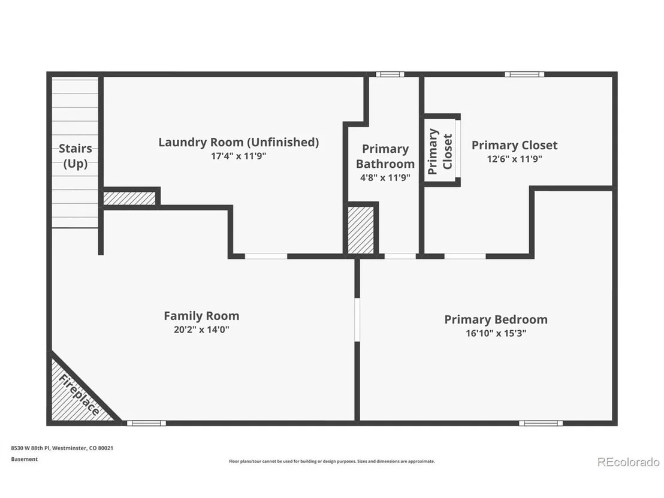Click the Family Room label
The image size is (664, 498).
click(x=201, y=316)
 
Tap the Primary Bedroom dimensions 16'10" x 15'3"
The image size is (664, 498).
click(x=496, y=333)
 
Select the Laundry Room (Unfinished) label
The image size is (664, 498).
click(x=239, y=142)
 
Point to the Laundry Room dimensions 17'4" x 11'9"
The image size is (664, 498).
click(x=239, y=156)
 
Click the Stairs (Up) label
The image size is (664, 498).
click(x=76, y=156)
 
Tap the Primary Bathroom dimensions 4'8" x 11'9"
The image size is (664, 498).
click(x=385, y=177)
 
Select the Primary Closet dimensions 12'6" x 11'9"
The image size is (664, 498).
click(x=515, y=159)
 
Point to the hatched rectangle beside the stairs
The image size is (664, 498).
click(x=129, y=198)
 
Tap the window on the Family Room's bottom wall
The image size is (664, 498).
click(x=146, y=423)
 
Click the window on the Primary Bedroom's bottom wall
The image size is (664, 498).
click(x=541, y=423)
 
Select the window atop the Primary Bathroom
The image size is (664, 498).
click(x=390, y=74)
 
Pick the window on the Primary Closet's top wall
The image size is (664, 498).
click(x=524, y=74)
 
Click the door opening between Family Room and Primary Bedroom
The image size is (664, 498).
click(x=357, y=320)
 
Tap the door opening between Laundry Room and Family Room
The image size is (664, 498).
click(x=266, y=256)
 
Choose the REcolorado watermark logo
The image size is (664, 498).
click(x=629, y=461)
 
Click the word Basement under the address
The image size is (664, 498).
click(x=24, y=459)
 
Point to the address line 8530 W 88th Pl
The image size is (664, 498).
click(x=62, y=448)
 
